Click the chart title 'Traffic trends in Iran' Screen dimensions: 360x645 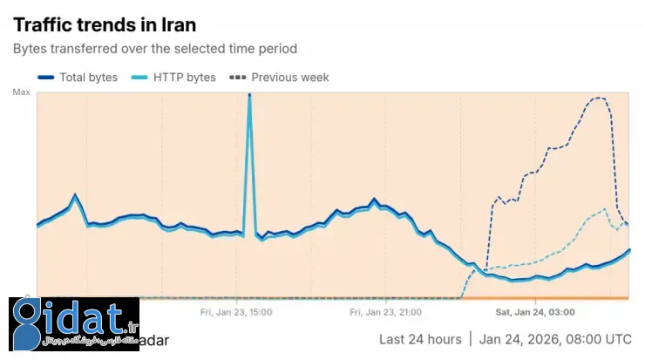pyautogui.click(x=105, y=24)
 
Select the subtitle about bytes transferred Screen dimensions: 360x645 pyautogui.click(x=154, y=49)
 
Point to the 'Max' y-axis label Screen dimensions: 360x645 pyautogui.click(x=21, y=92)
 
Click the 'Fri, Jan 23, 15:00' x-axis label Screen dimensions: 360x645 pyautogui.click(x=235, y=311)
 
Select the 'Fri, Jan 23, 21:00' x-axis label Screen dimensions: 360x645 pyautogui.click(x=386, y=311)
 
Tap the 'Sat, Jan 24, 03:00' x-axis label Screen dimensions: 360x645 pyautogui.click(x=535, y=311)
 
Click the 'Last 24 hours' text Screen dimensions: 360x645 pyautogui.click(x=419, y=339)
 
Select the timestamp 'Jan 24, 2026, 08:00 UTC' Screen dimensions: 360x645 pyautogui.click(x=555, y=339)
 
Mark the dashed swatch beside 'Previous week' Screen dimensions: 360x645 pyautogui.click(x=236, y=78)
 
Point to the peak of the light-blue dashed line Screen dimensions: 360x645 pyautogui.click(x=605, y=208)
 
